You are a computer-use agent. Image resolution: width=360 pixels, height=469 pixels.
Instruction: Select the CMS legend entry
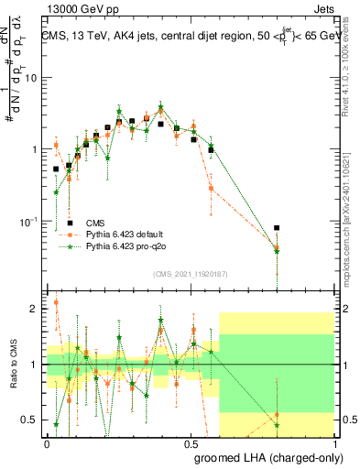95,223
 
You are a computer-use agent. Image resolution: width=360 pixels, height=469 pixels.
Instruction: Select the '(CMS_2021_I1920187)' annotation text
191,273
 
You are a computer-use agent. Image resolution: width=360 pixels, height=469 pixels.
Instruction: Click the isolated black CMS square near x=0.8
277,228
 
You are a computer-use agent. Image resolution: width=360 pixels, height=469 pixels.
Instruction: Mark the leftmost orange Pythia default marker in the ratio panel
56,302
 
